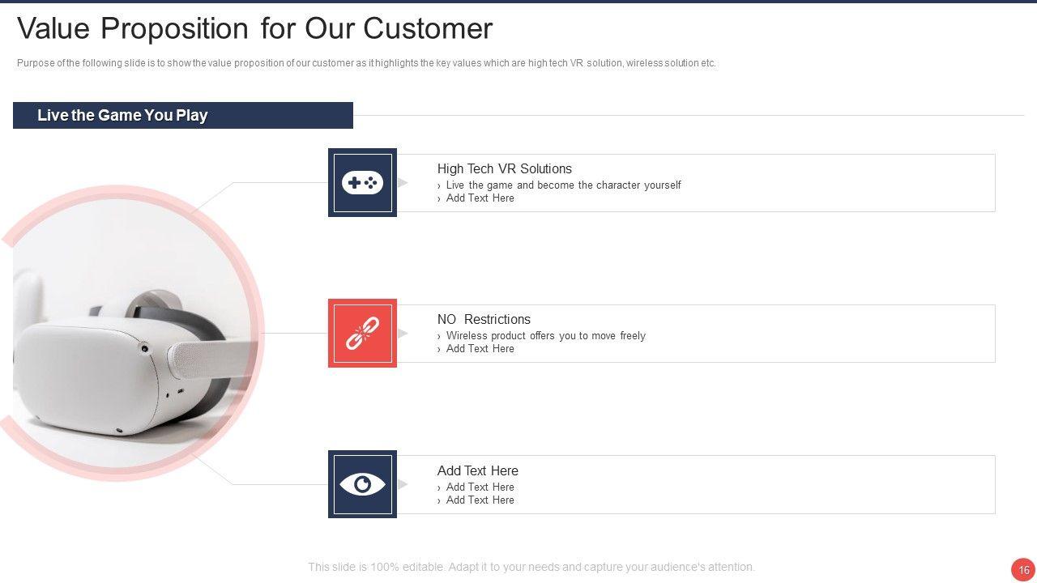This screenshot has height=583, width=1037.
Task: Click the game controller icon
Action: tap(362, 183)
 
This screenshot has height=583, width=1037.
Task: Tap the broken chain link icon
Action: tap(362, 333)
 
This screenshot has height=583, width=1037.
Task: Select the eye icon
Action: tap(362, 484)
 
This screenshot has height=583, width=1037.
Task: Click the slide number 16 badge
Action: tap(1023, 570)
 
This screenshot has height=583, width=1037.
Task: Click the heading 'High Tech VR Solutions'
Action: tap(504, 168)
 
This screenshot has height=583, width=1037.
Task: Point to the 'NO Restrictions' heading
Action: tap(484, 319)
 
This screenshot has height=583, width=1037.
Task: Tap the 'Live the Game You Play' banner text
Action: tap(122, 115)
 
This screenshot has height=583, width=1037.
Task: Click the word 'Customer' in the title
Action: tap(428, 28)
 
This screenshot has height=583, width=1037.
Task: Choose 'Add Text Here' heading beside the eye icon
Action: tap(477, 470)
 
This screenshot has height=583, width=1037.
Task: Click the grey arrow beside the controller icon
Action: tap(403, 183)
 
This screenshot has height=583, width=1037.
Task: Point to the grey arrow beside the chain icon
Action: tap(403, 333)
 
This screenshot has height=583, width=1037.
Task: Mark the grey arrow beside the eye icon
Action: tap(403, 484)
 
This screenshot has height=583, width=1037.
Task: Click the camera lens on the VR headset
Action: tap(144, 348)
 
